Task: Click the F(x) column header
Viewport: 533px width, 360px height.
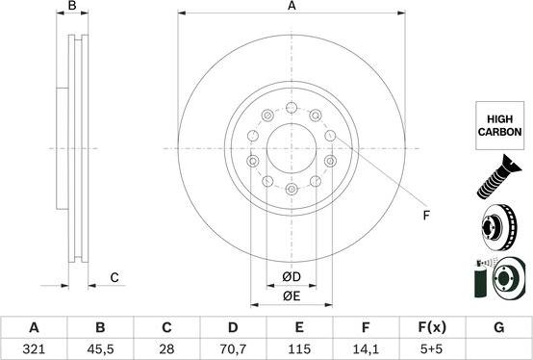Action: tap(432, 327)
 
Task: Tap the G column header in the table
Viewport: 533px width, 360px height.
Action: tap(498, 327)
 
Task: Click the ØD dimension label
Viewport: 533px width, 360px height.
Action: tap(292, 279)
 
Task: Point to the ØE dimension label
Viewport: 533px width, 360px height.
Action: tap(292, 297)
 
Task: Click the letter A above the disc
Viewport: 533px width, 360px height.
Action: tap(292, 7)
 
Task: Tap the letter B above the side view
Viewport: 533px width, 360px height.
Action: tap(72, 7)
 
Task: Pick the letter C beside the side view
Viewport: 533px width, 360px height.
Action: tap(114, 278)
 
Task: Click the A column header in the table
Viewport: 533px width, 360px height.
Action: tap(35, 327)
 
